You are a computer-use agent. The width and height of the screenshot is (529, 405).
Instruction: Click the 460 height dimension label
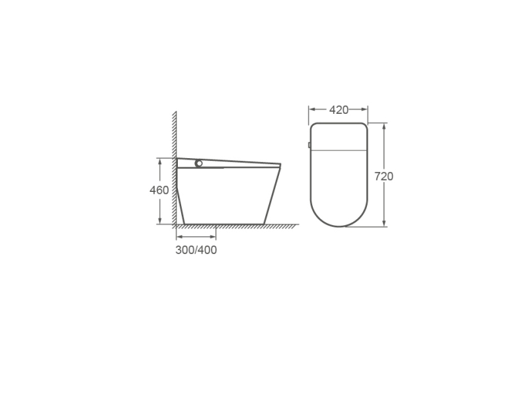pos(159,191)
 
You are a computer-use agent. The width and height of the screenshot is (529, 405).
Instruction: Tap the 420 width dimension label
pos(339,110)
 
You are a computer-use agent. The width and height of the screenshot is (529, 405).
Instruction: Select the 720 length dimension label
pos(384,176)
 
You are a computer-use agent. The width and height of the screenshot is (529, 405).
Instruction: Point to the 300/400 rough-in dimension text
pos(196,250)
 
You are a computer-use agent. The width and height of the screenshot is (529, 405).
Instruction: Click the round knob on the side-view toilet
pos(199,163)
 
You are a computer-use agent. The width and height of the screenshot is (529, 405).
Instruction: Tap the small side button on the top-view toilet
pos(309,145)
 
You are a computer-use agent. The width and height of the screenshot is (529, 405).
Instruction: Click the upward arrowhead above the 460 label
pos(159,161)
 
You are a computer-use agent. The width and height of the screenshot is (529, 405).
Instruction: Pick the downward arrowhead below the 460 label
pos(159,220)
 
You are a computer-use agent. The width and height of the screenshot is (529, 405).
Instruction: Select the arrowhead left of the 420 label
pos(312,109)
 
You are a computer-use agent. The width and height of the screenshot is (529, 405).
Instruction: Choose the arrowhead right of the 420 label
pos(364,109)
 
